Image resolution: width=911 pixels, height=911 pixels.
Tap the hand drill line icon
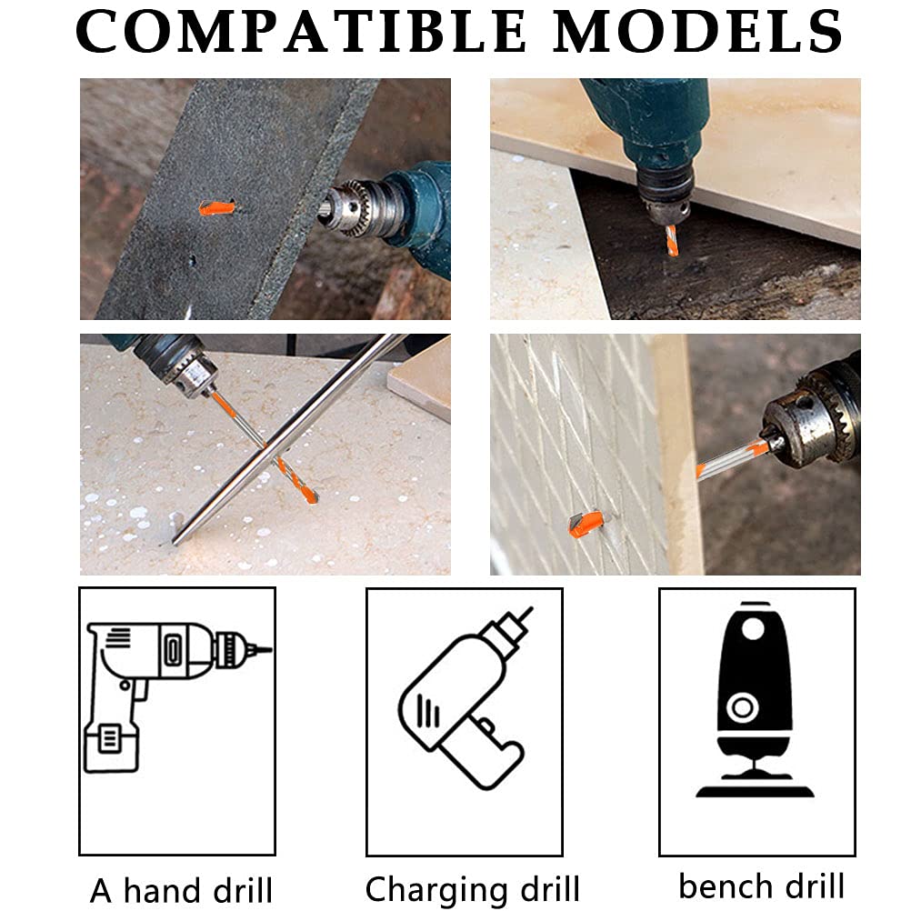pyautogui.click(x=177, y=696)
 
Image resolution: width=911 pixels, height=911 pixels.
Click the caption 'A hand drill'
pyautogui.click(x=181, y=890)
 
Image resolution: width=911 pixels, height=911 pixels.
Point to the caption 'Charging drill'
pyautogui.click(x=473, y=889)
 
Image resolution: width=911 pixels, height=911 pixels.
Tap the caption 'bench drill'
pyautogui.click(x=761, y=886)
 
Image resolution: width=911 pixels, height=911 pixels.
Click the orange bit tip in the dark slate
pyautogui.click(x=217, y=207)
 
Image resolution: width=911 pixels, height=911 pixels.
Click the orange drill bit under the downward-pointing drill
pyautogui.click(x=672, y=241)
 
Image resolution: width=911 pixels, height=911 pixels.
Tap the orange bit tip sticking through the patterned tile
pyautogui.click(x=586, y=524)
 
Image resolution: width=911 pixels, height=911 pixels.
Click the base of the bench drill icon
pyautogui.click(x=755, y=786)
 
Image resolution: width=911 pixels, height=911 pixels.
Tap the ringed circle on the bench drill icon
pyautogui.click(x=743, y=707)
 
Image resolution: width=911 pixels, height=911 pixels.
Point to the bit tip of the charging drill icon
pyautogui.click(x=526, y=616)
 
